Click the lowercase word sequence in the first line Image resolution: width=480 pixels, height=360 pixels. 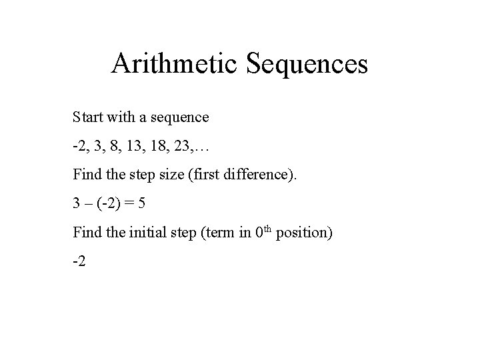180,118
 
